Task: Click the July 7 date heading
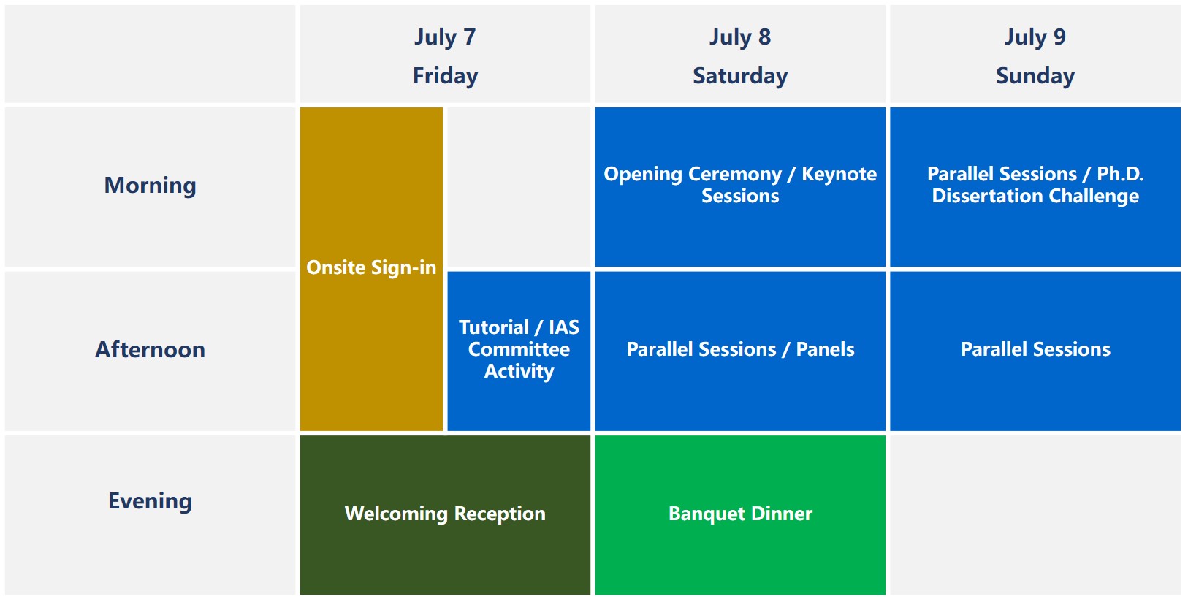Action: pos(445,37)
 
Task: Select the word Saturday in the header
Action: pos(740,76)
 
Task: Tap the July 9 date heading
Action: pos(1035,37)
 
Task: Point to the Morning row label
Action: pos(150,186)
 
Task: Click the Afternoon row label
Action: pos(150,349)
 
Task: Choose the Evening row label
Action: pos(150,501)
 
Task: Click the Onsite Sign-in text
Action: pos(371,268)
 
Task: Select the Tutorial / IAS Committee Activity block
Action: pos(519,351)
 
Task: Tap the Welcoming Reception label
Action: pos(445,514)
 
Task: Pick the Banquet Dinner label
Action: pos(740,514)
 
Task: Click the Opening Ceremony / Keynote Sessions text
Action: pos(740,185)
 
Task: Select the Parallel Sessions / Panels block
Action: pos(740,351)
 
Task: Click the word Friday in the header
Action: pos(445,76)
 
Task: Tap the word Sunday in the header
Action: pos(1035,76)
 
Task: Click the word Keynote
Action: pos(839,175)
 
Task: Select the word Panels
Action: pos(825,349)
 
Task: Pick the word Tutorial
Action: pos(494,327)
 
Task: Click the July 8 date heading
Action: pos(740,37)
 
